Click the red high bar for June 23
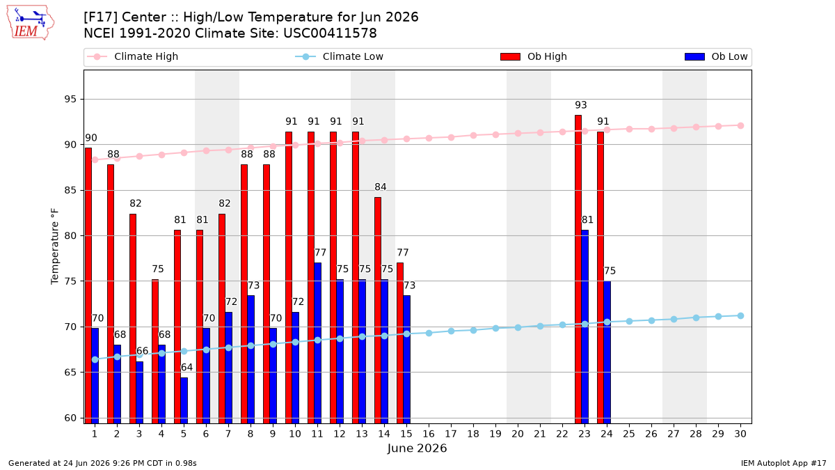578,269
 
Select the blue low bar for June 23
585,327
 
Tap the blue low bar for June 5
184,400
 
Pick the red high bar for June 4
155,352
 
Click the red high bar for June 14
378,311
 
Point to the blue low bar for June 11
317,343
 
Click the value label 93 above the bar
581,105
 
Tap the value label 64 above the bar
186,368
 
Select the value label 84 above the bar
380,187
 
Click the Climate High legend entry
132,56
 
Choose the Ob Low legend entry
716,56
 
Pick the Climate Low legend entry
340,56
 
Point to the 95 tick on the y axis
70,99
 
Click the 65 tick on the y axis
70,373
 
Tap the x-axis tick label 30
740,434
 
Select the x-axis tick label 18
473,434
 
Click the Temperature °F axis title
55,246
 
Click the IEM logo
31,23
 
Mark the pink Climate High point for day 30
740,126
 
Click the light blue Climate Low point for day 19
495,328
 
